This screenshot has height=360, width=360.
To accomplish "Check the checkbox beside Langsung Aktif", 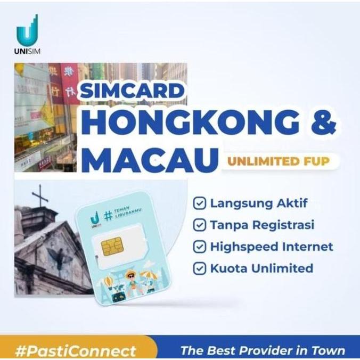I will [199, 203].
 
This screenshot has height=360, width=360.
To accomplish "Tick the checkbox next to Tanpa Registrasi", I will [199, 225].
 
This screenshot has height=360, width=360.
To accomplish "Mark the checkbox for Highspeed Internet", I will [199, 247].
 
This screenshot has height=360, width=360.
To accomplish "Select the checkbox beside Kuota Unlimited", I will [199, 268].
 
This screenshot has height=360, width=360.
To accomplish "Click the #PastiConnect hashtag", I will [75, 350].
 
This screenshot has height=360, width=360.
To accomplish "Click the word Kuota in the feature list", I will [228, 268].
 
